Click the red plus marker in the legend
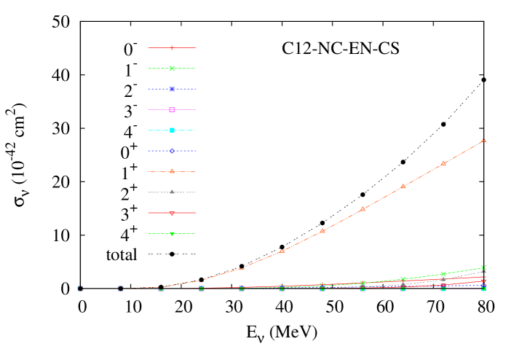[172, 47]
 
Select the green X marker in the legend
[172, 69]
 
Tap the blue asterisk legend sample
[172, 89]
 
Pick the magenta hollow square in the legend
[172, 109]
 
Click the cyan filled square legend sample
[172, 130]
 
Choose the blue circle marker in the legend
[172, 151]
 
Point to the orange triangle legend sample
[172, 171]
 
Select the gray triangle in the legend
[172, 192]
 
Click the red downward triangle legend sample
[172, 214]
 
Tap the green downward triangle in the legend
[172, 234]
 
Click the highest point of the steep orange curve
[483, 139]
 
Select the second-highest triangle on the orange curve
[443, 163]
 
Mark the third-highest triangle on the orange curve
[403, 187]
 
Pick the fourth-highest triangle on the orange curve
[363, 209]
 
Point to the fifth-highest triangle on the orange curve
[323, 231]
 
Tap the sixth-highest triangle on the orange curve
[282, 251]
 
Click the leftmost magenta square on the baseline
[80, 289]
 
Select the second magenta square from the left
[121, 289]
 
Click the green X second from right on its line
[443, 274]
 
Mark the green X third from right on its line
[403, 279]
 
